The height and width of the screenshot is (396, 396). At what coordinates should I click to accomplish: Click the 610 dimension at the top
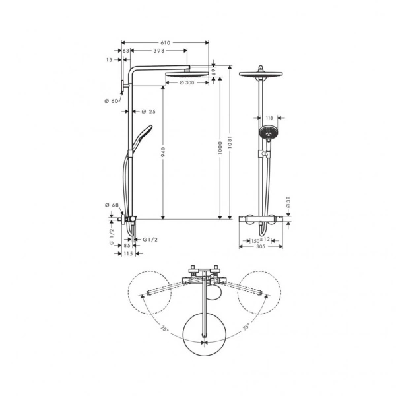point(165,42)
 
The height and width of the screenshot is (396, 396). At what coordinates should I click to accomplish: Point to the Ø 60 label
point(110,100)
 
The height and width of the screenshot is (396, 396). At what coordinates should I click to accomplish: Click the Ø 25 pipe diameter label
point(148,111)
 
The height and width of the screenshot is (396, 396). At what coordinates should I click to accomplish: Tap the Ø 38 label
point(288,201)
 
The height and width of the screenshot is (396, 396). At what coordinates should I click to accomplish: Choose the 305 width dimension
point(261,247)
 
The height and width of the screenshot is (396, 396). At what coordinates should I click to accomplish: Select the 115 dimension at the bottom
point(127,254)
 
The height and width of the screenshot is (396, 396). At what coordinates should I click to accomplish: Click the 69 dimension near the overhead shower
point(213,71)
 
